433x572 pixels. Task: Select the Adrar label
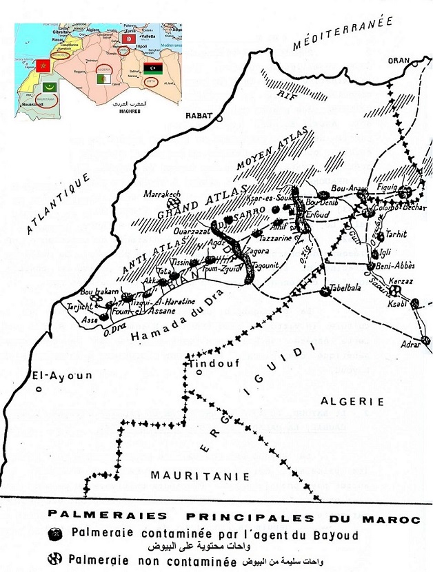pyautogui.click(x=412, y=343)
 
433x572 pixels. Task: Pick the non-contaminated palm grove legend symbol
pyautogui.click(x=61, y=560)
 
